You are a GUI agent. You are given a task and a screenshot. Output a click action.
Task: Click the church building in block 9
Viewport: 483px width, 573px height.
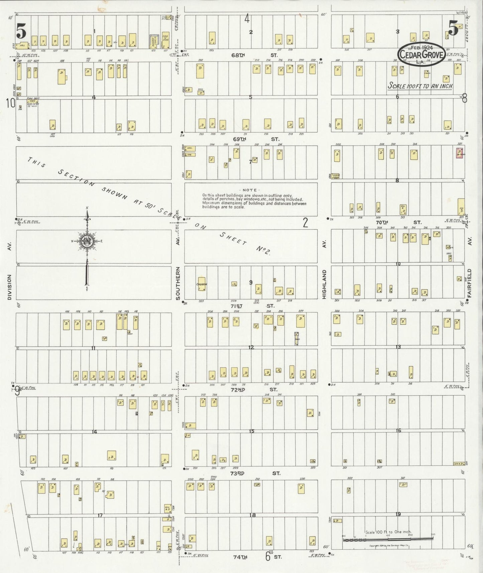202,284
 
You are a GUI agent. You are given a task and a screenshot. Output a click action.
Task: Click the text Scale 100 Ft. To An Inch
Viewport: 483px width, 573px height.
420,86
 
